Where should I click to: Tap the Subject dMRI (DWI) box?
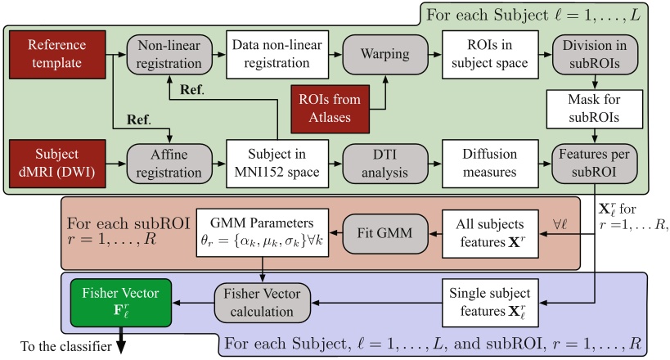[56, 163]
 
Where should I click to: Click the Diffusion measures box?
[482, 163]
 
